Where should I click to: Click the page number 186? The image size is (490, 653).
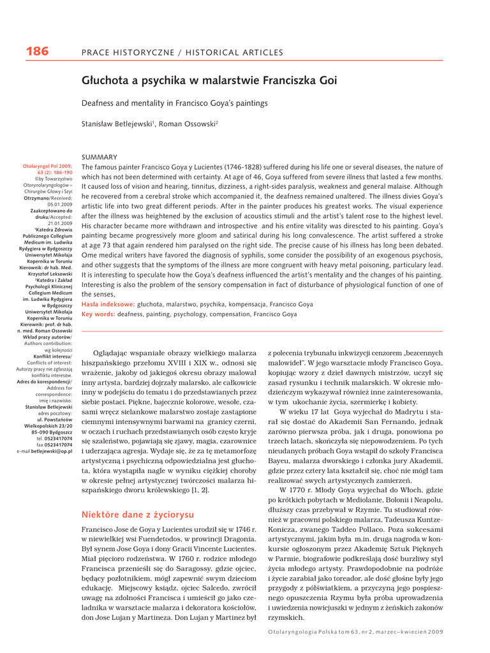coord(37,52)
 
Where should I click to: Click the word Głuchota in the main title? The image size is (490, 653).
coord(105,81)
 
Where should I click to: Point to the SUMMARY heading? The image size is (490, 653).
coord(100,157)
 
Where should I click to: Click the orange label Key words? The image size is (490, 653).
coord(98,314)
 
